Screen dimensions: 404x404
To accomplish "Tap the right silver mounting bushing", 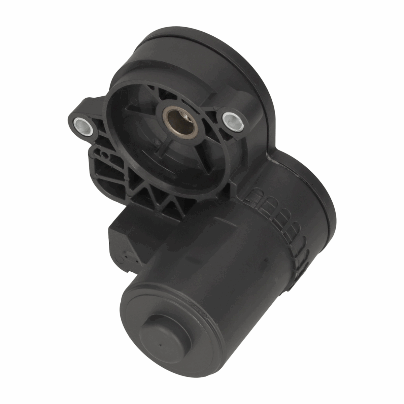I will (x=232, y=120).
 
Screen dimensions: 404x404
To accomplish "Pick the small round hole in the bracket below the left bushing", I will (x=105, y=156).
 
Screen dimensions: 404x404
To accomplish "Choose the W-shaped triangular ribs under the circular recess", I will (x=155, y=199).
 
